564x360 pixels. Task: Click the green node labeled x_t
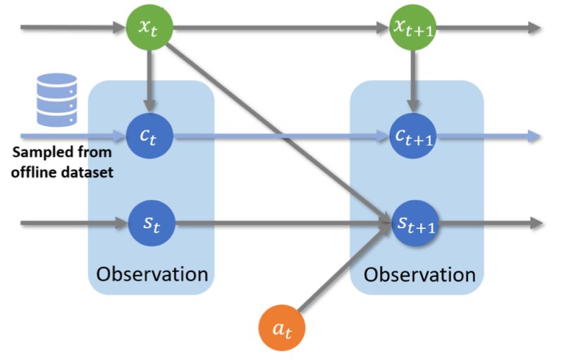point(149,28)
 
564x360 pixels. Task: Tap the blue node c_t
point(149,136)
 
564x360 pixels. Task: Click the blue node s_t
point(149,224)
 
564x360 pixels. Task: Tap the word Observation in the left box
point(152,273)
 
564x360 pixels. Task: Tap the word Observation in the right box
point(419,273)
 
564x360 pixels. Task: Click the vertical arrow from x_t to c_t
point(149,77)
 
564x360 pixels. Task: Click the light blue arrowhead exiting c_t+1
point(534,136)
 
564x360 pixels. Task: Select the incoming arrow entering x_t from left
point(70,28)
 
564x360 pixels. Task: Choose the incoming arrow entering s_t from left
point(70,224)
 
